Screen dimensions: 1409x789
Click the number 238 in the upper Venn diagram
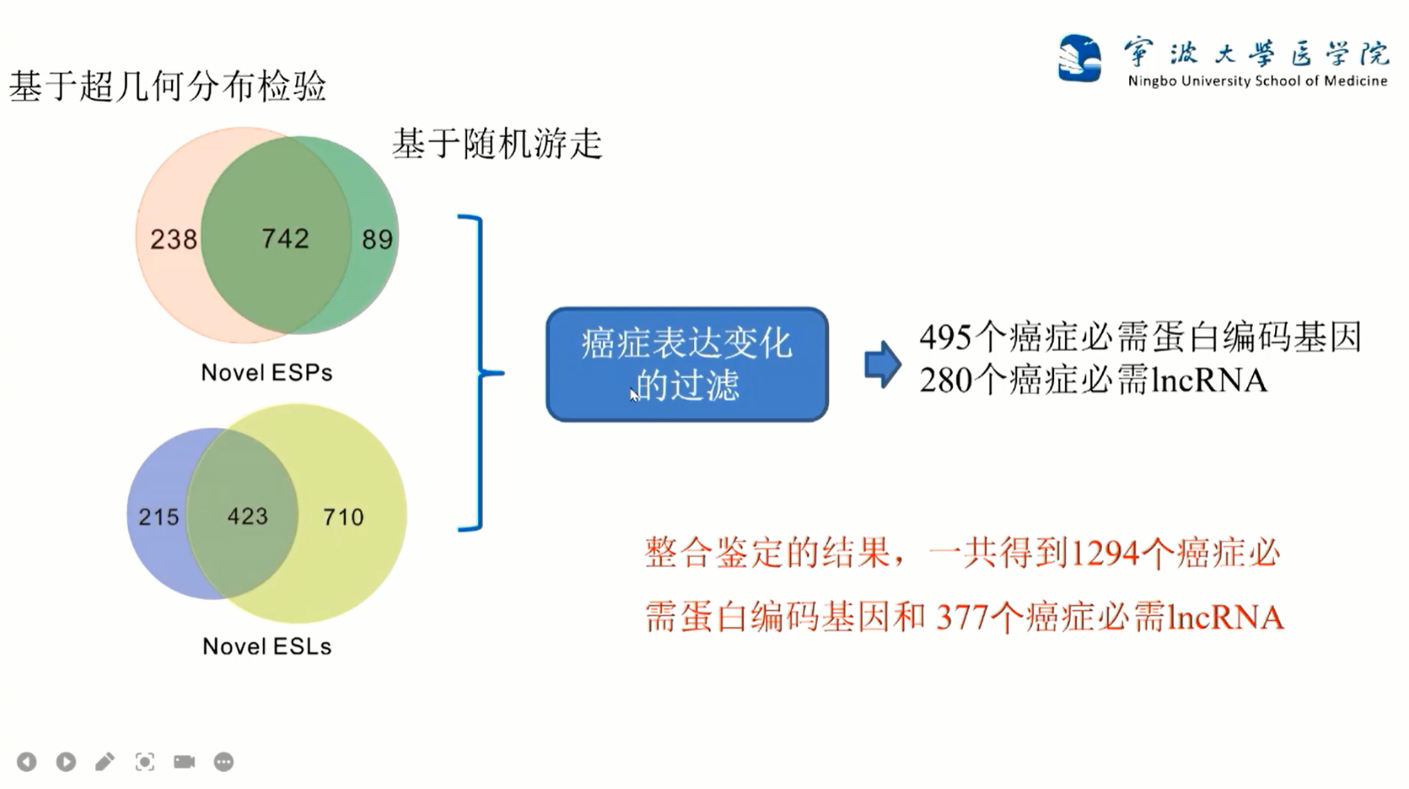click(x=174, y=240)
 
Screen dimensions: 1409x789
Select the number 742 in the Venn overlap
click(x=285, y=239)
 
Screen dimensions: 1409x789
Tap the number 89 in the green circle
click(x=377, y=240)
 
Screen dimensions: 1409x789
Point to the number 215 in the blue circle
click(x=159, y=517)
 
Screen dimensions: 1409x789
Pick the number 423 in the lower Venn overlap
click(x=248, y=516)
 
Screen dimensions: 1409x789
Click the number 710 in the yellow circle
click(x=343, y=517)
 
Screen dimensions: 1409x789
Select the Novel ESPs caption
click(x=266, y=373)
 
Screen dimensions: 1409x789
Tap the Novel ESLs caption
click(x=266, y=647)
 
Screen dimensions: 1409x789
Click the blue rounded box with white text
click(x=687, y=364)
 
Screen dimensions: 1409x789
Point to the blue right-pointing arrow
click(x=883, y=365)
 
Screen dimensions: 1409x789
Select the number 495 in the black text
click(x=945, y=337)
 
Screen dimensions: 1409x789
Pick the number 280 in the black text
click(x=945, y=381)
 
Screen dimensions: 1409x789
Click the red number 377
click(x=962, y=617)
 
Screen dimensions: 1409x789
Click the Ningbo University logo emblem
click(x=1079, y=58)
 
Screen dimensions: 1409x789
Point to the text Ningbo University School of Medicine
click(x=1257, y=81)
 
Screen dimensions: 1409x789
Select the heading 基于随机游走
click(x=497, y=144)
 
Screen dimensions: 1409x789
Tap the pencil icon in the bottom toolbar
click(x=105, y=762)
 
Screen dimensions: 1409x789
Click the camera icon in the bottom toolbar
click(x=184, y=762)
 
